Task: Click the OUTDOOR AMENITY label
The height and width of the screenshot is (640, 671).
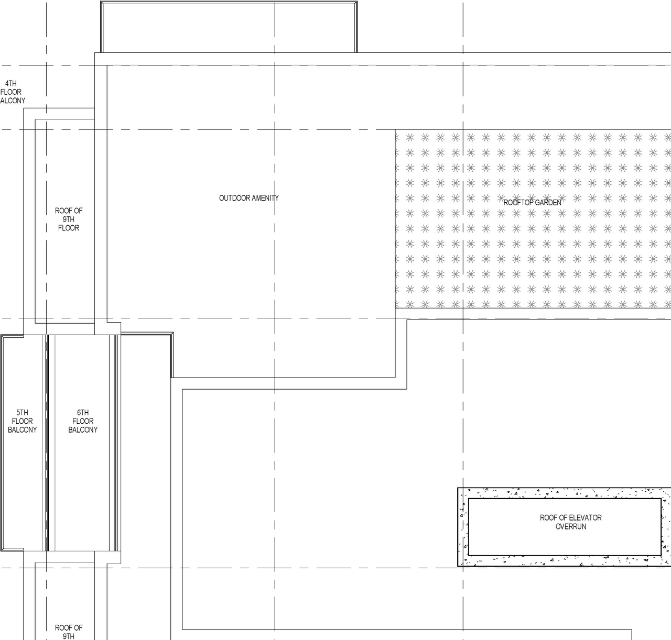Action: tap(248, 198)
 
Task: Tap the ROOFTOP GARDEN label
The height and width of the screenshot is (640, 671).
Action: tap(532, 203)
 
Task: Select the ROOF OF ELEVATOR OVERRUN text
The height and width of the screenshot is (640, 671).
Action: tap(570, 522)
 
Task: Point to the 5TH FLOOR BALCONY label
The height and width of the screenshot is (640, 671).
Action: tap(22, 421)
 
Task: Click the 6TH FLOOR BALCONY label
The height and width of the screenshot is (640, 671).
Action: tap(83, 421)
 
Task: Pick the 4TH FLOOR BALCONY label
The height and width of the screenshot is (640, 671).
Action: tap(12, 92)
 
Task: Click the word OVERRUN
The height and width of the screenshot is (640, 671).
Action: tap(570, 526)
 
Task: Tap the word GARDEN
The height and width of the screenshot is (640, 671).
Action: tap(547, 203)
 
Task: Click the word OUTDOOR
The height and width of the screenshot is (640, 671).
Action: tap(234, 198)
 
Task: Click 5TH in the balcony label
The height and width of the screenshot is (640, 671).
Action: tap(22, 413)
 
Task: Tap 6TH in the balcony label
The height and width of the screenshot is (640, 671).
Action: tap(83, 413)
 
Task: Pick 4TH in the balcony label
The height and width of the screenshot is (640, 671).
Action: tap(11, 83)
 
